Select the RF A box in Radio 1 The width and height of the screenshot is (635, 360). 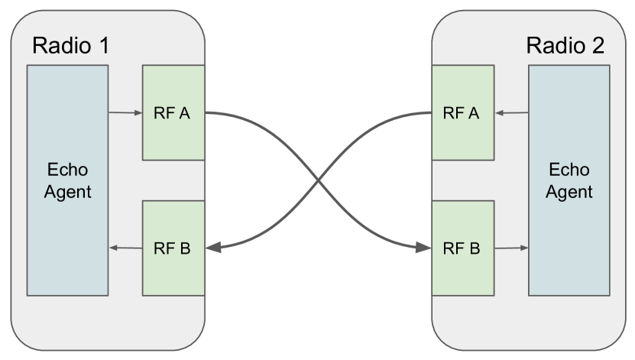click(x=173, y=113)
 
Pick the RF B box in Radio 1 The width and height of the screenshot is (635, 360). click(x=173, y=248)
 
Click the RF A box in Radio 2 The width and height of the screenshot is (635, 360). click(x=462, y=113)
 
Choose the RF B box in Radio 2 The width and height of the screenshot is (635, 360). click(x=462, y=248)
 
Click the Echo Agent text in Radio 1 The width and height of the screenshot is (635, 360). click(x=67, y=180)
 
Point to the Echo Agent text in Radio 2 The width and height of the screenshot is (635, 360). click(x=569, y=180)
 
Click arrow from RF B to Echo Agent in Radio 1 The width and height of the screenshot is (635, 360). click(x=126, y=248)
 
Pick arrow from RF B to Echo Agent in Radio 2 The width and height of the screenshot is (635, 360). click(x=512, y=248)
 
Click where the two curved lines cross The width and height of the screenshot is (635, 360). click(x=318, y=181)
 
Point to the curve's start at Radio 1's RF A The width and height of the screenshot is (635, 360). click(x=207, y=114)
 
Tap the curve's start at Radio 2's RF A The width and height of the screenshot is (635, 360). click(x=429, y=114)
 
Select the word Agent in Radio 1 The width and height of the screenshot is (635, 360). click(x=67, y=191)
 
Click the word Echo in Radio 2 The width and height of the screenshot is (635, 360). click(x=569, y=170)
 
